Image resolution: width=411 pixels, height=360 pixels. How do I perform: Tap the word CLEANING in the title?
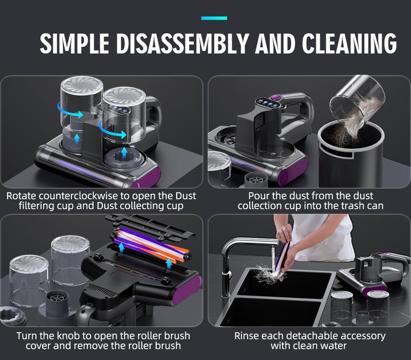click(349, 44)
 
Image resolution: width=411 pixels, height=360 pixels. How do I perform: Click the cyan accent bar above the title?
click(214, 18)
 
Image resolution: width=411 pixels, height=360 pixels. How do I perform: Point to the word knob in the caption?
click(71, 336)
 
